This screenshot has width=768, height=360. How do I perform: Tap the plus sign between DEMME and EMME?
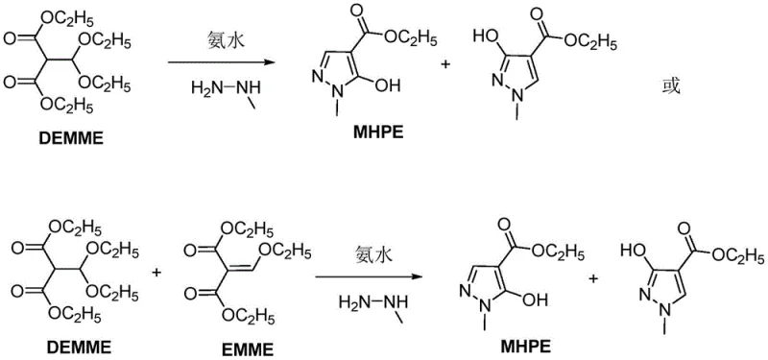157,274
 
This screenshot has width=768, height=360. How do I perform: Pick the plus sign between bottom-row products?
593,278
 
